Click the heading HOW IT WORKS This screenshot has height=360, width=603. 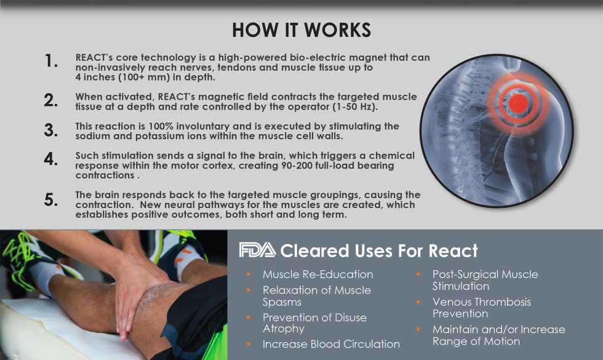301,30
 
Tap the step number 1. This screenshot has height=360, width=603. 51,62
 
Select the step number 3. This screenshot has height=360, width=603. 51,130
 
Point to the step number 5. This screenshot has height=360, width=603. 51,200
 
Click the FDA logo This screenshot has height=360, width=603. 257,251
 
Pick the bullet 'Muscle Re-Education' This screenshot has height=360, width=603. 317,274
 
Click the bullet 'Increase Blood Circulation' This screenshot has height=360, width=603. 331,344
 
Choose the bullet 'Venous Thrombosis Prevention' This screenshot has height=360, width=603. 481,308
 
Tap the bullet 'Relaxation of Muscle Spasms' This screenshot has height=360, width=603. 316,295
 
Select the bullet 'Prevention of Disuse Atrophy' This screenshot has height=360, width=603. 314,323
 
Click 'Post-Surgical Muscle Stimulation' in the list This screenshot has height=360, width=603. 485,280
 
